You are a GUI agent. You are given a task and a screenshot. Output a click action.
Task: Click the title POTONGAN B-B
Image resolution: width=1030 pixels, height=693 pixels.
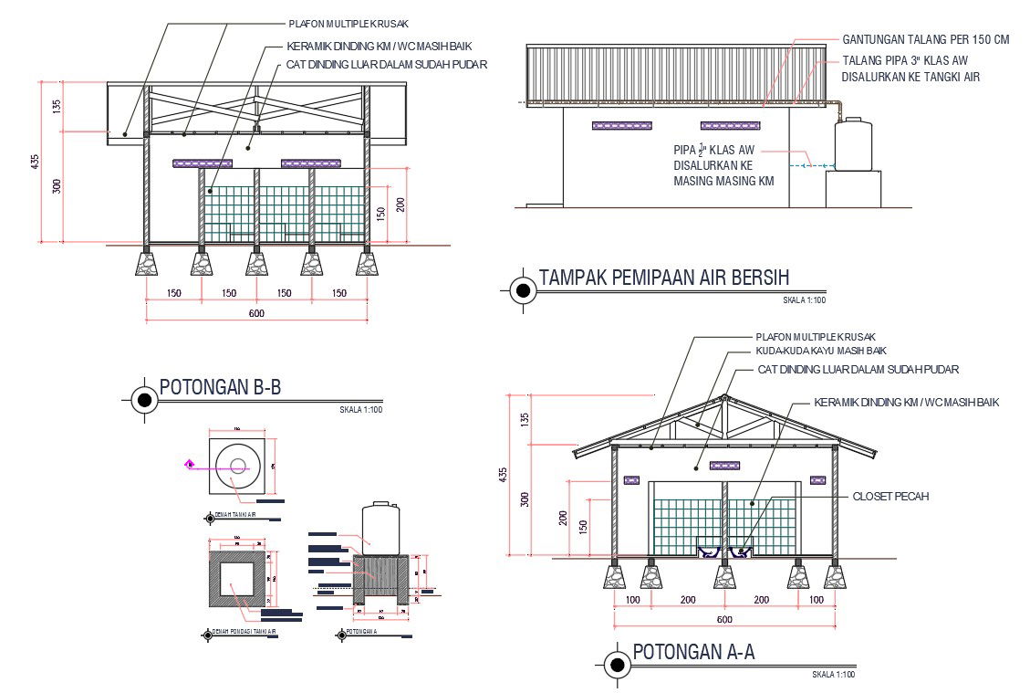(220, 388)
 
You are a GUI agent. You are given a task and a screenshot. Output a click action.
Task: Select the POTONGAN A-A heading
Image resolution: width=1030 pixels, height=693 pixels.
(693, 653)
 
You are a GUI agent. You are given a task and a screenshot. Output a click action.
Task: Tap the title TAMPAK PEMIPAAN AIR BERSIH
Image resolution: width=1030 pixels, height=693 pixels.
(663, 278)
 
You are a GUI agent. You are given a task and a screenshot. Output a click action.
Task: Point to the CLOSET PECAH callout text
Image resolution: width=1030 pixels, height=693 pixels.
(890, 497)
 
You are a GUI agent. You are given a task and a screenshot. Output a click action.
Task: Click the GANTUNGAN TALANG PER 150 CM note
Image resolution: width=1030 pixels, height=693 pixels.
(926, 40)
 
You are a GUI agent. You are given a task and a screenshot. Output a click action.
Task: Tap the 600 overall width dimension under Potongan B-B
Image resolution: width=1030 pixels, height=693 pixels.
(256, 314)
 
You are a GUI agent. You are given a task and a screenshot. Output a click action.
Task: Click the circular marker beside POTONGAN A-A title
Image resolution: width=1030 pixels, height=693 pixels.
(618, 666)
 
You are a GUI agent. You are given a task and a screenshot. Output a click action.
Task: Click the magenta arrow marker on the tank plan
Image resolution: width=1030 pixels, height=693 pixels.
(190, 464)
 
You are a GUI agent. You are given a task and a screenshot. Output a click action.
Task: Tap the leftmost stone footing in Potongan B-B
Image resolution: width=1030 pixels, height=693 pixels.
(146, 263)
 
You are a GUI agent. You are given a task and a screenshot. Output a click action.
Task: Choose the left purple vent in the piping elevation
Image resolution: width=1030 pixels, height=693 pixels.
(609, 125)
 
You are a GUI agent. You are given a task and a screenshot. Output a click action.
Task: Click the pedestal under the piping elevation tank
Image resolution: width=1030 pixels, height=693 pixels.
(853, 189)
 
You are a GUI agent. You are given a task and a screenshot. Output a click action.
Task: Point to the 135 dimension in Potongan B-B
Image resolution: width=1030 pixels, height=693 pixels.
(56, 106)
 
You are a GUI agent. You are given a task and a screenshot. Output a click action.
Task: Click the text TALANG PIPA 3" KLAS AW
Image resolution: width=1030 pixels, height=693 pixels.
(903, 60)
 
